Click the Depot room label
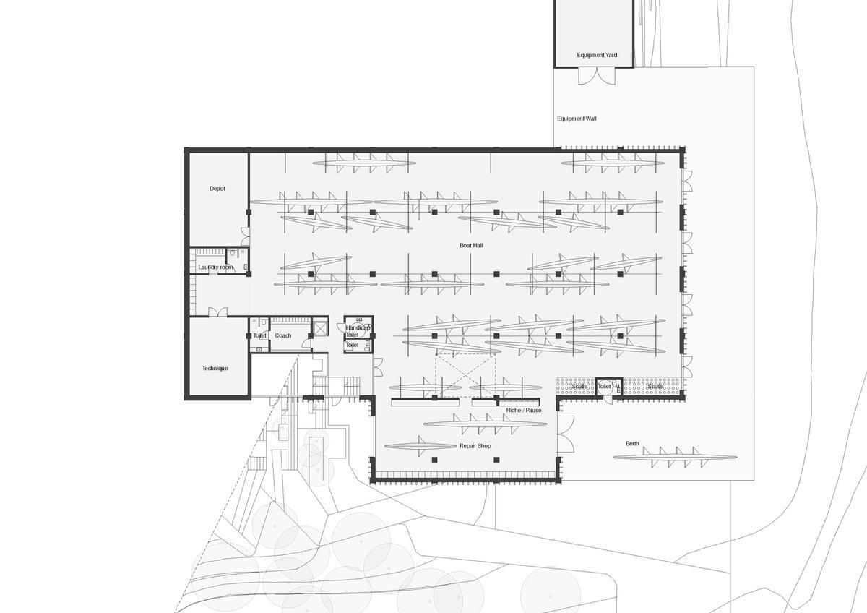pos(217,189)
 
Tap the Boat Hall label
pos(470,246)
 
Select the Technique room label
pos(215,369)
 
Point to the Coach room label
pos(283,335)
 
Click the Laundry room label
pos(215,267)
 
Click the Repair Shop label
pos(475,446)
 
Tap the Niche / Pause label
pos(524,411)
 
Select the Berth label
pos(632,443)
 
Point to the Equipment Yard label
pos(597,55)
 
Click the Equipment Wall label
pos(577,119)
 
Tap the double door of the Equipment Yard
pos(597,76)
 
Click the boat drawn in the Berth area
pos(675,457)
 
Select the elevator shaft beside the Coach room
pos(319,327)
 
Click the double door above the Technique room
pos(217,312)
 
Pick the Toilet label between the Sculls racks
pos(605,387)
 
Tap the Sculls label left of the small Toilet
pos(579,387)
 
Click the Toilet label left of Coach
pos(259,335)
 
